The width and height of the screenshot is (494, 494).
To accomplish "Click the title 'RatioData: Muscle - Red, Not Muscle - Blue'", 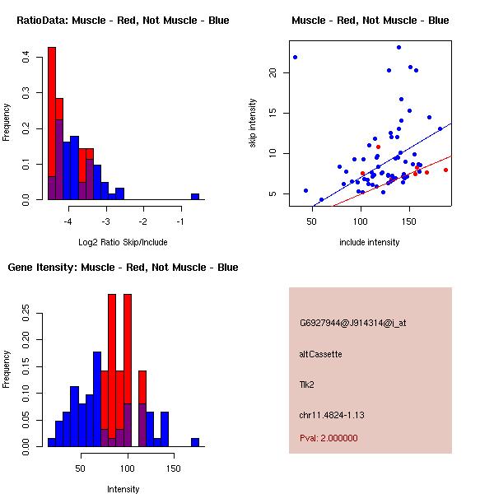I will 123,20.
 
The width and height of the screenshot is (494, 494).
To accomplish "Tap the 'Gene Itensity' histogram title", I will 123,268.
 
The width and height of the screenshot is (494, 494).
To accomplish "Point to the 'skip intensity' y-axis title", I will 253,123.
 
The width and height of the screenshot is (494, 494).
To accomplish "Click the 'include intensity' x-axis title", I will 370,242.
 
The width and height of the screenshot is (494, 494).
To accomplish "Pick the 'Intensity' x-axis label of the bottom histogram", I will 123,489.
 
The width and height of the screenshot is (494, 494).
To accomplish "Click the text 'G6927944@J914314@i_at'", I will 352,323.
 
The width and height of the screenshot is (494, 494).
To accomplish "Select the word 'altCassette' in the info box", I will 320,354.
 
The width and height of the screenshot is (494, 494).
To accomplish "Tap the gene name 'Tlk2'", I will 306,384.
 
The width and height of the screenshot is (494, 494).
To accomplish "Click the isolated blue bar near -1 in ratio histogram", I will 195,197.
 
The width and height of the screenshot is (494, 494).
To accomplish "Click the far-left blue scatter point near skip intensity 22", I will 295,57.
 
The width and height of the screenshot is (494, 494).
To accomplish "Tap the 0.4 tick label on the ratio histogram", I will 26,57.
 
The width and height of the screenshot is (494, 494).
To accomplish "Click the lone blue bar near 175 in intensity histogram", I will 195,442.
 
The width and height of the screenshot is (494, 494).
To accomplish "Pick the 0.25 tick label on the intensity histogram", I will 26,312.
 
